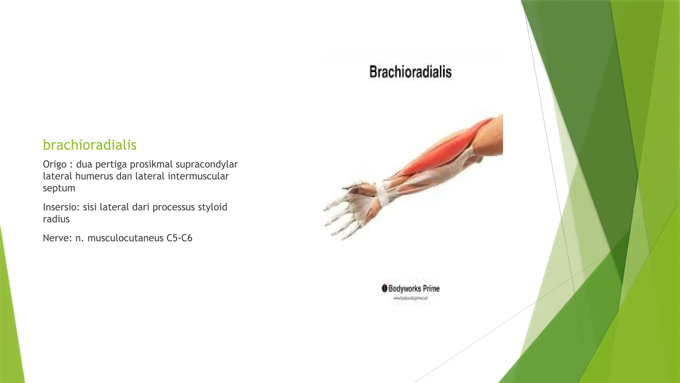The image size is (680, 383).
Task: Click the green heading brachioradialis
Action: (90, 145)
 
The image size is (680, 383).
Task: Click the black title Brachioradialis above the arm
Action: (410, 72)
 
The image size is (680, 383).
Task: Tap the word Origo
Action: (54, 165)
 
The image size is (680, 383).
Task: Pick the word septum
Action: (59, 189)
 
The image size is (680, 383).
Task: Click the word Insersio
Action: (61, 207)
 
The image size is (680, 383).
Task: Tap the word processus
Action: (174, 207)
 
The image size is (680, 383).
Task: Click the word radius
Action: (56, 219)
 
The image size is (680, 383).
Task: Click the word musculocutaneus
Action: (126, 238)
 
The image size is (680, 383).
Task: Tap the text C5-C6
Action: (179, 238)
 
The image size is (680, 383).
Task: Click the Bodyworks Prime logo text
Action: (414, 289)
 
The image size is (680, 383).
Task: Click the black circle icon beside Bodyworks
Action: (384, 288)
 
